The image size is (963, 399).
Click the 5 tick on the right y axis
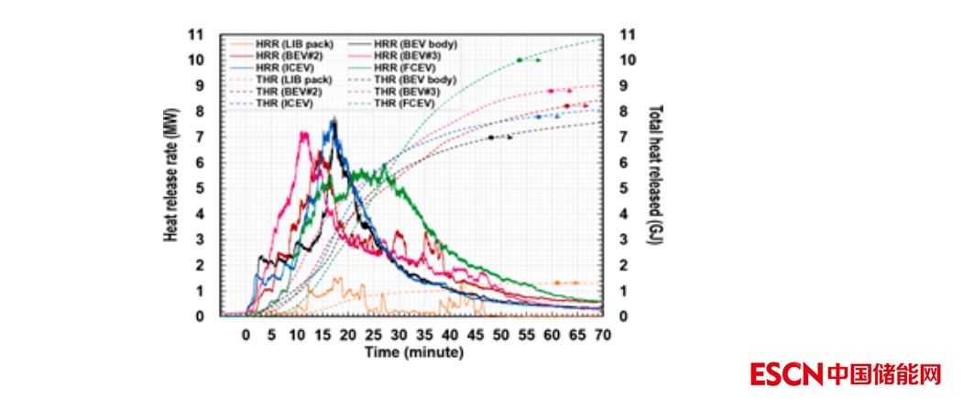[624, 188]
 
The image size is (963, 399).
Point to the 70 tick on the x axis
[603, 336]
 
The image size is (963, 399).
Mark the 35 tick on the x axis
[424, 336]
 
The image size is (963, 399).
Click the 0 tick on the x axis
[246, 336]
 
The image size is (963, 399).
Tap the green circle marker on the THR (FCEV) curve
[520, 60]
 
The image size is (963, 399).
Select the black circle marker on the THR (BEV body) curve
[491, 138]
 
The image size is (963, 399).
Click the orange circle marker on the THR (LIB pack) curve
[557, 283]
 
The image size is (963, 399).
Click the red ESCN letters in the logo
[786, 374]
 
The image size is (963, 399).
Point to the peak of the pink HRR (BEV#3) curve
[303, 133]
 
